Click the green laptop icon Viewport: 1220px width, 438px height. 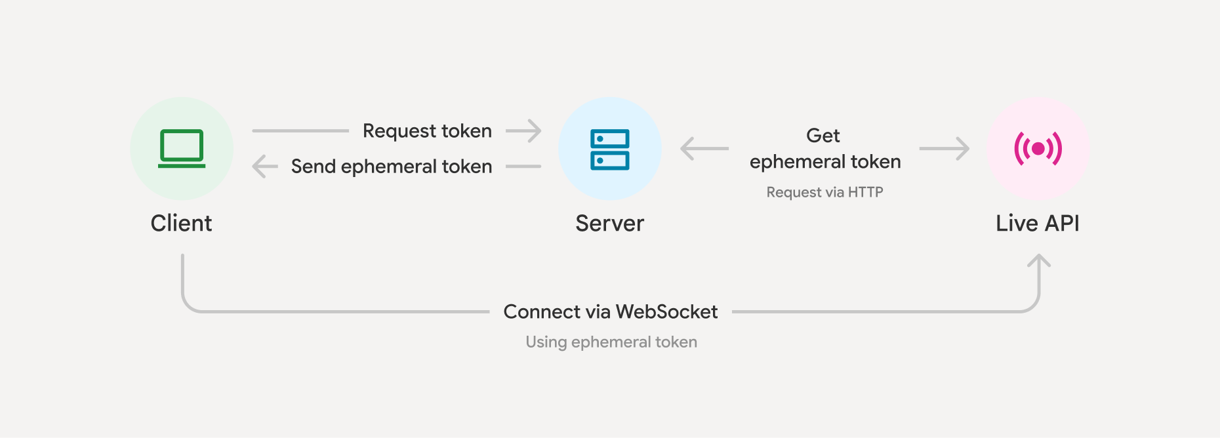(x=182, y=148)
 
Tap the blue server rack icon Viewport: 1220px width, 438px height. (x=609, y=149)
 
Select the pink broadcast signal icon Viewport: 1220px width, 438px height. (x=1038, y=149)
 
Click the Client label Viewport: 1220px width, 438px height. (x=181, y=224)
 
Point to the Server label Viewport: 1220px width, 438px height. (x=609, y=224)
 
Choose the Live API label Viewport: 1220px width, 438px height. (x=1037, y=224)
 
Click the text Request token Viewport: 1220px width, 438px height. (x=427, y=131)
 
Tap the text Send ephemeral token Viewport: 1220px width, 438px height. (x=392, y=167)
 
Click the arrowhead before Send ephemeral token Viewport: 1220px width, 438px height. (x=259, y=167)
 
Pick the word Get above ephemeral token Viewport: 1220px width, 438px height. (x=823, y=136)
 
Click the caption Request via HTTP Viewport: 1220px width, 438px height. (x=824, y=192)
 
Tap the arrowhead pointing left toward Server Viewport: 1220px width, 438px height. (x=688, y=149)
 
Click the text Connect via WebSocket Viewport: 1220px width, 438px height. (x=610, y=312)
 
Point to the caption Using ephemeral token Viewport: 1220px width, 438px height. (x=611, y=342)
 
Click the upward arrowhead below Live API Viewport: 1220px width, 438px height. (x=1039, y=261)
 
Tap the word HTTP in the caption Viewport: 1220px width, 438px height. (x=865, y=192)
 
